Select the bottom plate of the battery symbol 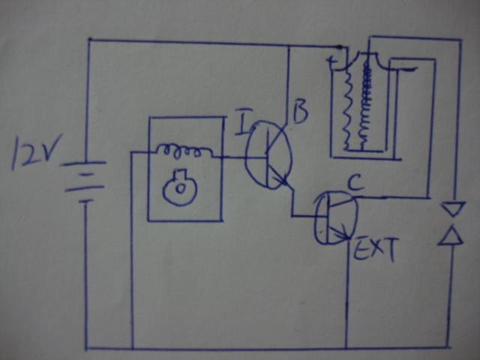(x=85, y=200)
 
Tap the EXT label (x=374, y=248)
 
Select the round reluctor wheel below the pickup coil (x=180, y=190)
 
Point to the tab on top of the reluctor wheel (x=179, y=175)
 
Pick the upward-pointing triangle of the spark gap (x=451, y=236)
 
